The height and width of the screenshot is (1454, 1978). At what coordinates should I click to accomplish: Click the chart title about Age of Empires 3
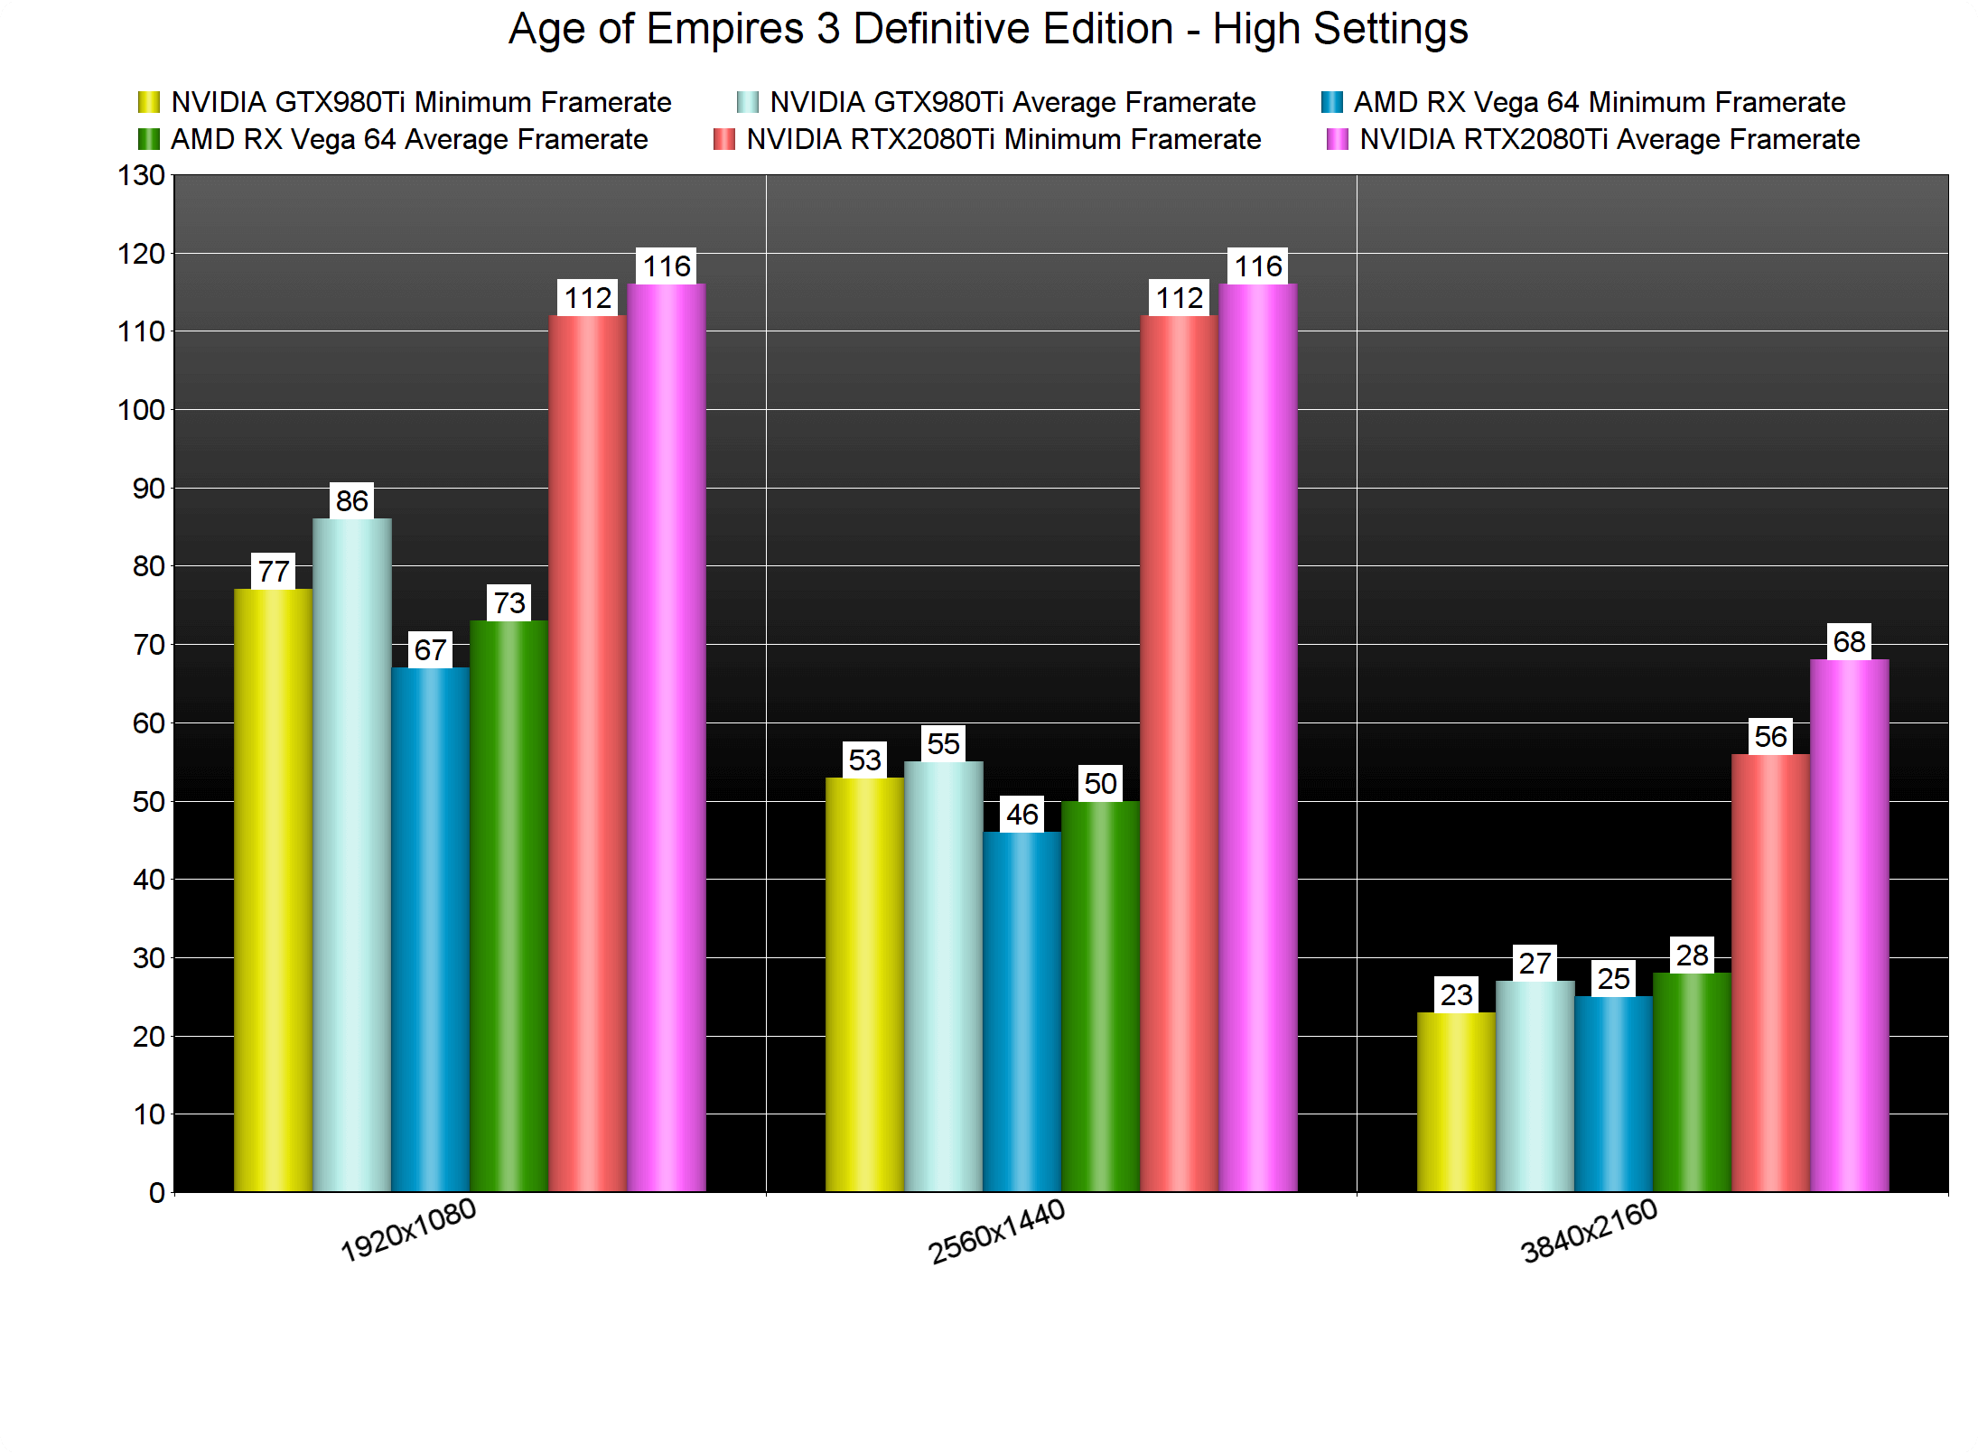[x=988, y=29]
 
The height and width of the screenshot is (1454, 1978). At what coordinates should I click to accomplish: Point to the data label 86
[x=351, y=500]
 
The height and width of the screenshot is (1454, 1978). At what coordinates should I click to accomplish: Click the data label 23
[x=1456, y=994]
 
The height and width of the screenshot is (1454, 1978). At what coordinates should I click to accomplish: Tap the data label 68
[x=1849, y=641]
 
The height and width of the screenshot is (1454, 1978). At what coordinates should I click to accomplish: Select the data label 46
[x=1022, y=815]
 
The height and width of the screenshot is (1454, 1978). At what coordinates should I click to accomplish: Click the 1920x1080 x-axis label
[x=408, y=1230]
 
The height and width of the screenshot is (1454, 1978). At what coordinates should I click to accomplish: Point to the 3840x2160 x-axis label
[x=1590, y=1230]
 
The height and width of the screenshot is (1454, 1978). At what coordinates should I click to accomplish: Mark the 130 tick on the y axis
[x=142, y=175]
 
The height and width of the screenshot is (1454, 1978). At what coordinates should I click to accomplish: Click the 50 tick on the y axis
[x=148, y=802]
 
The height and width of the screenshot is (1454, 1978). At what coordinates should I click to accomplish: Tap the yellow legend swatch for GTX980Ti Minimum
[x=148, y=102]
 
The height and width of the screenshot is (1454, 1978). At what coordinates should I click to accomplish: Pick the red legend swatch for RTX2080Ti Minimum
[x=723, y=140]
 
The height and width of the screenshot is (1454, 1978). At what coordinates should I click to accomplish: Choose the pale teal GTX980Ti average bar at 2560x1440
[x=943, y=976]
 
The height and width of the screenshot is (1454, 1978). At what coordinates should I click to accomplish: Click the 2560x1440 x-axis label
[x=998, y=1231]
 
